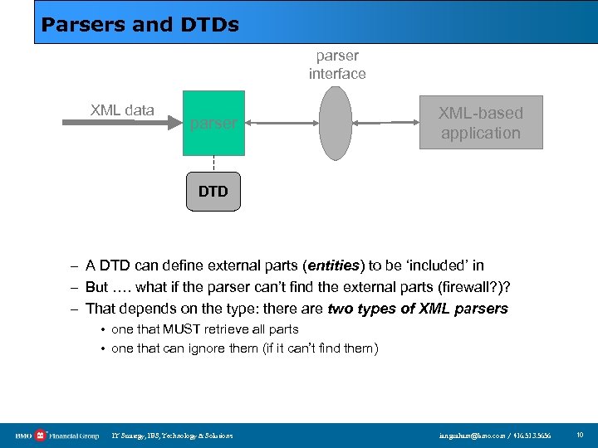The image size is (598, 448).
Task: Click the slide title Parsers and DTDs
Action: point(140,25)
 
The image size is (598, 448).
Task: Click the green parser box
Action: point(213,124)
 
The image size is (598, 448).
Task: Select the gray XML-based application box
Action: point(480,123)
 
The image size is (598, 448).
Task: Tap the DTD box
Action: point(213,192)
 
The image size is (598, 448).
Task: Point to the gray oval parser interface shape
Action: point(336,123)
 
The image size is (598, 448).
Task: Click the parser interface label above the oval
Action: point(337,65)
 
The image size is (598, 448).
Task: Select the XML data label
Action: point(122,110)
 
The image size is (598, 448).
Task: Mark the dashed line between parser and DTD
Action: point(213,164)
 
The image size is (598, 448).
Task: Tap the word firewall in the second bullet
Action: point(463,287)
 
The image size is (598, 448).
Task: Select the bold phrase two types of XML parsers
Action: point(418,309)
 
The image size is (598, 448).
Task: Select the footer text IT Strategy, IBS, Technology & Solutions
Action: point(173,436)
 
